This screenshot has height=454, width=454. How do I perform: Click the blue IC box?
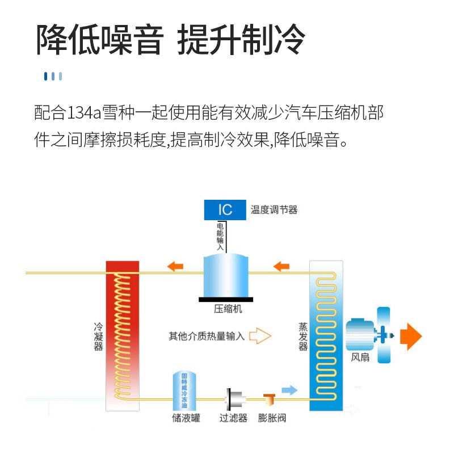tap(225, 209)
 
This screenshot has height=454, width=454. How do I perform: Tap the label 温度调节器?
tap(274, 210)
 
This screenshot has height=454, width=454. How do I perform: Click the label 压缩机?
tap(228, 309)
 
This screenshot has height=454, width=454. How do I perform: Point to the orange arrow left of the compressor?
tap(175, 266)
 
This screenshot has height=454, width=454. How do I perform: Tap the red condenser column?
tap(123, 335)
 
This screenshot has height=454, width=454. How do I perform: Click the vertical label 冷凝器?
tap(98, 337)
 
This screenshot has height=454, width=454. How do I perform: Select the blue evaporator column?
tap(326, 335)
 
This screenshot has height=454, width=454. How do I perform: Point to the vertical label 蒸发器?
tap(303, 337)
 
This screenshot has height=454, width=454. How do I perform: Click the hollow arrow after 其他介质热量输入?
tap(260, 336)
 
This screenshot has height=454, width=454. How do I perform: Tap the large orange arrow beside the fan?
tap(411, 336)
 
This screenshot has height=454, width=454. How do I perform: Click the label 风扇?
tap(360, 358)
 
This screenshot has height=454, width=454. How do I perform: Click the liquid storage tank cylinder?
tap(184, 392)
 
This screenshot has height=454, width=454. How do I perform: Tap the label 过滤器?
tap(233, 419)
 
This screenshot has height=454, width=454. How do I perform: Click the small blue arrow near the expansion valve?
tap(289, 390)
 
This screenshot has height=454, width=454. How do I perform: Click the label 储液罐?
tap(186, 419)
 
